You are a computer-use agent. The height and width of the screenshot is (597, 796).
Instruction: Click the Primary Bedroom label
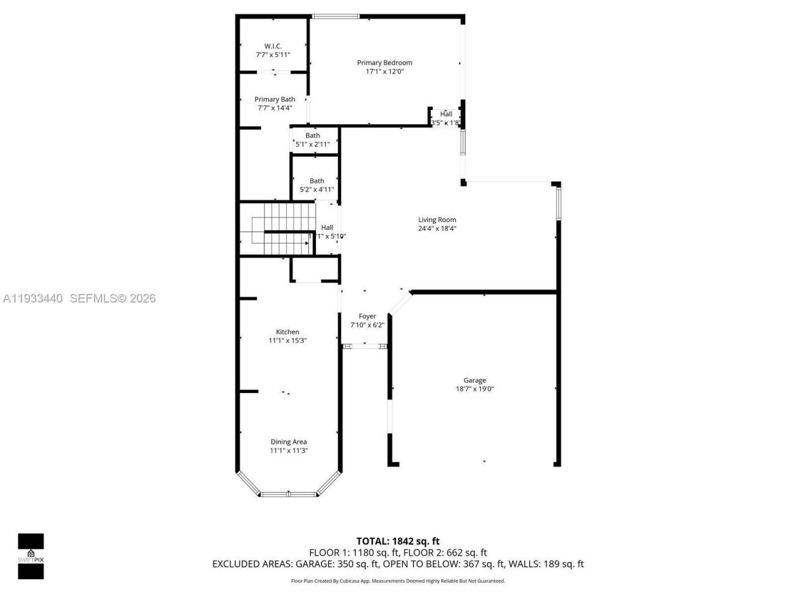pyautogui.click(x=384, y=63)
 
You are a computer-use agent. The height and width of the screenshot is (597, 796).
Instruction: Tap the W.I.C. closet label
pyautogui.click(x=273, y=46)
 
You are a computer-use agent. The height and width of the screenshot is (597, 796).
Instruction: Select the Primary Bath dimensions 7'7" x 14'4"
pyautogui.click(x=274, y=108)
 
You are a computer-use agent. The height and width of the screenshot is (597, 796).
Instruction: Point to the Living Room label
pyautogui.click(x=437, y=220)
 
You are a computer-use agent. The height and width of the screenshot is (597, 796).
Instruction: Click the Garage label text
pyautogui.click(x=474, y=380)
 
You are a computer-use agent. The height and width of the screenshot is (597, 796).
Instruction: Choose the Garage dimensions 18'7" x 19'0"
pyautogui.click(x=474, y=389)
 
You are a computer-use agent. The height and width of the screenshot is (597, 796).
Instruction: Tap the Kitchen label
pyautogui.click(x=287, y=332)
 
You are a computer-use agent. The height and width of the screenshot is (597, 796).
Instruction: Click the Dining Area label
pyautogui.click(x=288, y=442)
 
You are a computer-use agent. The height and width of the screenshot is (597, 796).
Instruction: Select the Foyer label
pyautogui.click(x=367, y=317)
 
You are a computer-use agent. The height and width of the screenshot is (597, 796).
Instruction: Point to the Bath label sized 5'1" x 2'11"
pyautogui.click(x=313, y=136)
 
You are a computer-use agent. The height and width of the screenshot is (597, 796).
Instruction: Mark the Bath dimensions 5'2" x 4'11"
pyautogui.click(x=317, y=190)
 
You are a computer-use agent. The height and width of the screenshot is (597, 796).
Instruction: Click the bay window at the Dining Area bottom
pyautogui.click(x=288, y=494)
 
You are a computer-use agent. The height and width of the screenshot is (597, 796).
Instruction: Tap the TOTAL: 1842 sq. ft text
pyautogui.click(x=397, y=541)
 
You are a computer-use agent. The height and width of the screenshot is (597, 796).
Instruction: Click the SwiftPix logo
pyautogui.click(x=30, y=556)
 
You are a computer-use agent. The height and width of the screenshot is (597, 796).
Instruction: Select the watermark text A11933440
pyautogui.click(x=33, y=298)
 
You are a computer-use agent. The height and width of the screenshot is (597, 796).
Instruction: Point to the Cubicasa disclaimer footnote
pyautogui.click(x=397, y=581)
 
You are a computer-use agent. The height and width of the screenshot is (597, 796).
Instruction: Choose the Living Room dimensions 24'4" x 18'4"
pyautogui.click(x=437, y=228)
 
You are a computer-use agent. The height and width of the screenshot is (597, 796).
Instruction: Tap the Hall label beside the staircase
pyautogui.click(x=327, y=228)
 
